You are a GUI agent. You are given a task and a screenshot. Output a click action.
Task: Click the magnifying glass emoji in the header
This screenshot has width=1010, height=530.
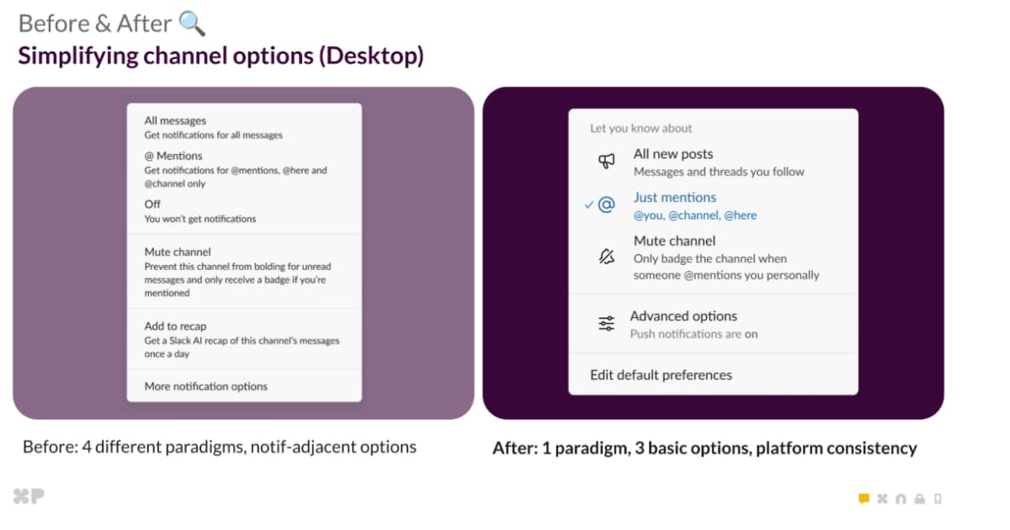pos(192,24)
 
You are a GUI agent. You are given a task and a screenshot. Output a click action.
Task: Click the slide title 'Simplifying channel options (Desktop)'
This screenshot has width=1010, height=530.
pos(221,56)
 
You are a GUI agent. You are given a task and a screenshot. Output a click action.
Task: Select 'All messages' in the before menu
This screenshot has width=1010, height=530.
pos(175,120)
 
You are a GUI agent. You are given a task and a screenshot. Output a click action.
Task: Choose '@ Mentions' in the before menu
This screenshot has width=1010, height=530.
pos(173,156)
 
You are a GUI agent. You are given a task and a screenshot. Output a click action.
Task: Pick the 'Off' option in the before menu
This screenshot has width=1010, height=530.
pos(152,204)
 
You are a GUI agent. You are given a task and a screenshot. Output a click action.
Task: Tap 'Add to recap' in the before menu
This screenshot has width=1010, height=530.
pos(175,326)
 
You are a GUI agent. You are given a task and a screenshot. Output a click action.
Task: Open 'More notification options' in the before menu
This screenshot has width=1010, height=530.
pos(206,386)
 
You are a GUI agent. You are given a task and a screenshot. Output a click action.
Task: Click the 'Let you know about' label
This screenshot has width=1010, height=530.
pos(641,129)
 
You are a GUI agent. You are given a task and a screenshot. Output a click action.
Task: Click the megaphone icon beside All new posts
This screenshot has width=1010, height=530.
pos(606,162)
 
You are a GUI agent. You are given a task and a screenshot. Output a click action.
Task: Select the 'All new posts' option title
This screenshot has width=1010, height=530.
pos(672,154)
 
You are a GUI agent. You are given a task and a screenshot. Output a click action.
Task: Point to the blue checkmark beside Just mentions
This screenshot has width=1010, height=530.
pos(589,204)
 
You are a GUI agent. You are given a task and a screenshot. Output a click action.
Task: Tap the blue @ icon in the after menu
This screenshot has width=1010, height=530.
pos(606,204)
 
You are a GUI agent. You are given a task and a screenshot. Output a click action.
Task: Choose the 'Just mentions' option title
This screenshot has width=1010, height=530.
pos(674,198)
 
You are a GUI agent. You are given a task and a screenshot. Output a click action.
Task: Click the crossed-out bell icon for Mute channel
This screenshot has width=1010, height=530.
pos(606,257)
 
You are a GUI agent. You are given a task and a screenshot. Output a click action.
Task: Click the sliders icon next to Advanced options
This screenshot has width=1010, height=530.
pos(606,324)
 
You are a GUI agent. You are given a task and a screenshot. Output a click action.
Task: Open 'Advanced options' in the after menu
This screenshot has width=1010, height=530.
pos(683,316)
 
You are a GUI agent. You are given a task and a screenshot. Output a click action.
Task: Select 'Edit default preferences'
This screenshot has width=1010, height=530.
pos(661,375)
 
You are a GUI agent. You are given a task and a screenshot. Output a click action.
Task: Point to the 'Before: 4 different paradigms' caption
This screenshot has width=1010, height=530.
pos(219,447)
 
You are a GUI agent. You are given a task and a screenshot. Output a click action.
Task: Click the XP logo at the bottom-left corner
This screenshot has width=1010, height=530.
pos(29,496)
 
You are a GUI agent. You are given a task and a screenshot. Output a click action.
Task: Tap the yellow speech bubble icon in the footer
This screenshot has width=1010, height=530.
pos(864,499)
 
